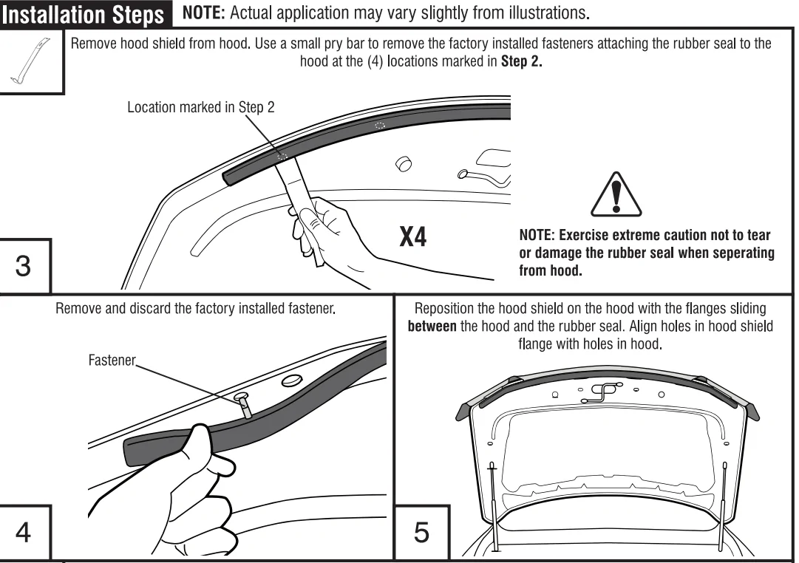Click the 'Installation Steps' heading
tap(84, 15)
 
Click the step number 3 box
tap(23, 265)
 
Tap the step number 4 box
tap(23, 531)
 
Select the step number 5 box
tap(421, 532)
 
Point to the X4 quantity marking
tap(413, 236)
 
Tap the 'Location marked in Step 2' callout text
tap(200, 108)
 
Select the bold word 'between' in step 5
tap(432, 327)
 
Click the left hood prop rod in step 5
tap(492, 502)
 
